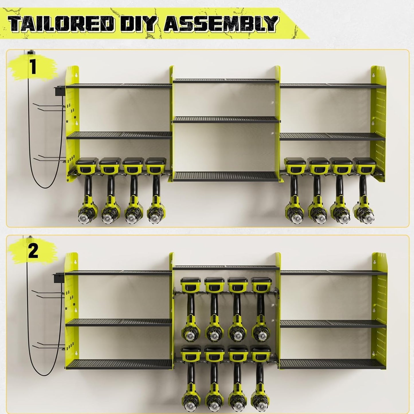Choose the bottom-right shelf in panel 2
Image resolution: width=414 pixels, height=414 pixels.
point(332,364)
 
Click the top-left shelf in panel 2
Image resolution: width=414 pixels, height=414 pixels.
point(119,273)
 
